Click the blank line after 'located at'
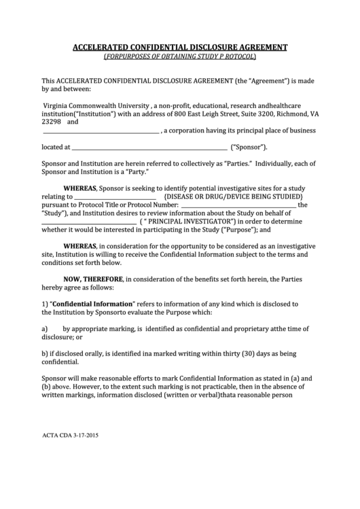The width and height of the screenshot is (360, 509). (149, 147)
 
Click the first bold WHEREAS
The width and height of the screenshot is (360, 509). (80, 188)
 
